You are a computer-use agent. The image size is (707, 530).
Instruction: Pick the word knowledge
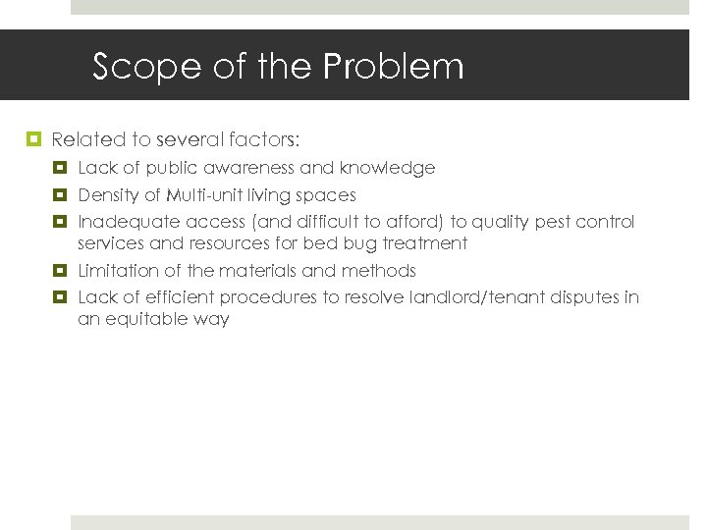392,169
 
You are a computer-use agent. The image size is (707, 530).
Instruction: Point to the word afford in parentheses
419,222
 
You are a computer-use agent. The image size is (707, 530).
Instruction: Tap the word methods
379,271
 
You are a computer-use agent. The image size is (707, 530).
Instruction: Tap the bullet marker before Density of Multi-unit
60,195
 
